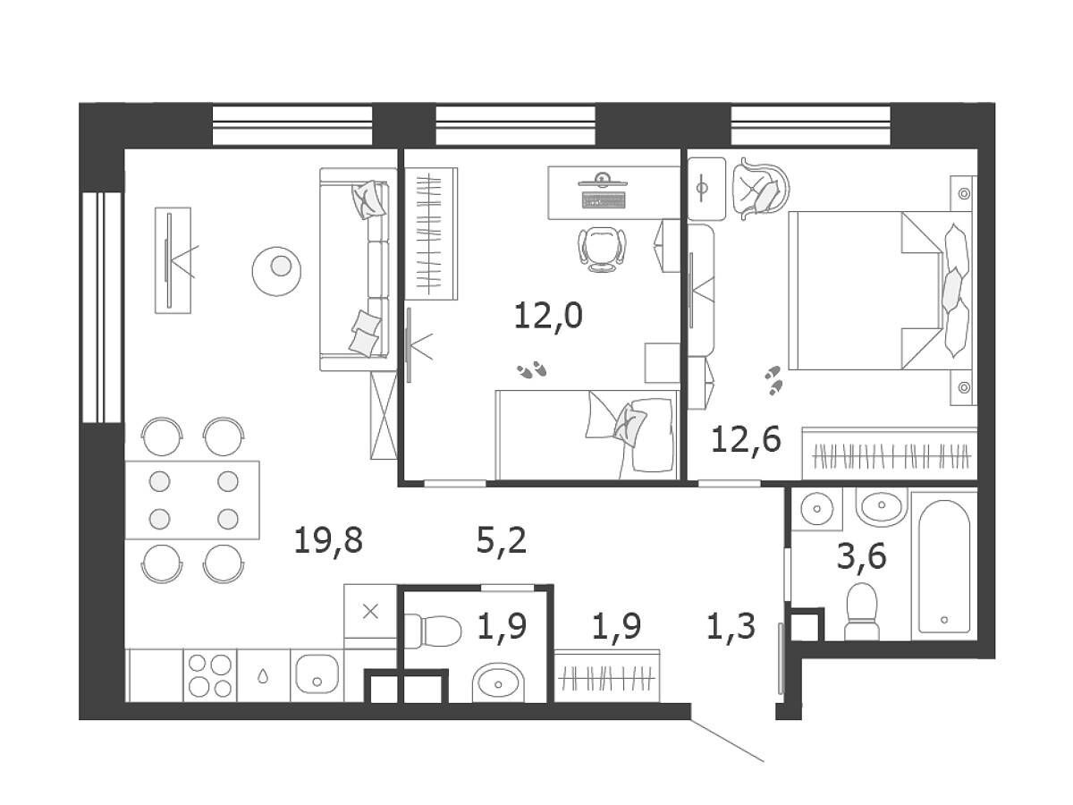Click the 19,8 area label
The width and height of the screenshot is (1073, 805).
328,541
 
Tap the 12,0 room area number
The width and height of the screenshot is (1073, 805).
548,316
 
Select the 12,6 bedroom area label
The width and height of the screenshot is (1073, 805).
746,439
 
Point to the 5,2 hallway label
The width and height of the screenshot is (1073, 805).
502,541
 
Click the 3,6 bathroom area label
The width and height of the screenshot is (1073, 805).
861,556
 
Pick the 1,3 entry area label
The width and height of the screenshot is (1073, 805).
731,626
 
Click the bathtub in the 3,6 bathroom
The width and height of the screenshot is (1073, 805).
943,566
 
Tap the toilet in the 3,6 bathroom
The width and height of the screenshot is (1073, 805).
862,611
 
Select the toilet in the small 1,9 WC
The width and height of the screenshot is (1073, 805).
433,631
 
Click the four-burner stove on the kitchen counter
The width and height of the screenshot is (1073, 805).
210,675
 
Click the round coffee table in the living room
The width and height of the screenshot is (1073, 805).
276,271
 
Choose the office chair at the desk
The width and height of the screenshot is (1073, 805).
603,249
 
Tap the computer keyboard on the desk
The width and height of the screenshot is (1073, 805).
604,199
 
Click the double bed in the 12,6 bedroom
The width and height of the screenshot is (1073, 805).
880,291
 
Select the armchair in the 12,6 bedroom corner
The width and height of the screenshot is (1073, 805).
760,189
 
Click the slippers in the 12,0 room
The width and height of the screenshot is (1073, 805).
532,369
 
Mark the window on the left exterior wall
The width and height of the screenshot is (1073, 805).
102,307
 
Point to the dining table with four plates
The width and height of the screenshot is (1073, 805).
192,500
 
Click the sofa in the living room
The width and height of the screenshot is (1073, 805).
359,269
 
